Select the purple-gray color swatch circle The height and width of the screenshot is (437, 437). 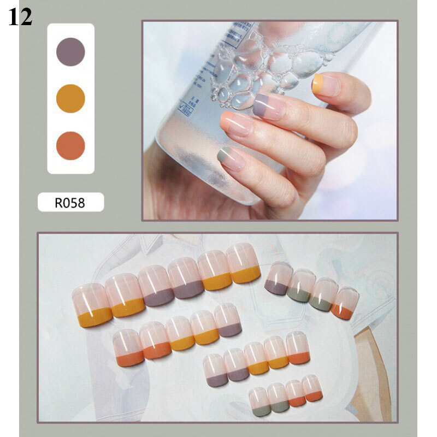[x=71, y=52]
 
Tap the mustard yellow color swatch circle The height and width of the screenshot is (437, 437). [x=71, y=99]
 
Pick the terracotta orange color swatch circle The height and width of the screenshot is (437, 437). [x=71, y=146]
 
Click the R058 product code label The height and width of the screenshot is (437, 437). [x=70, y=203]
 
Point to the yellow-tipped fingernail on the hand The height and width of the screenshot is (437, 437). [x=326, y=85]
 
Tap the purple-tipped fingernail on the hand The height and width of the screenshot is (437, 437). [x=269, y=107]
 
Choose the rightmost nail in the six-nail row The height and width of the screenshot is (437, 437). [x=244, y=263]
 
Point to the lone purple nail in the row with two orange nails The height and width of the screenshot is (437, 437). [x=228, y=320]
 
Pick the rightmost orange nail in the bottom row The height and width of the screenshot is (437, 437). [x=312, y=388]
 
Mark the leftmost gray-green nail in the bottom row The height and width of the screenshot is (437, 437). [x=259, y=399]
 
